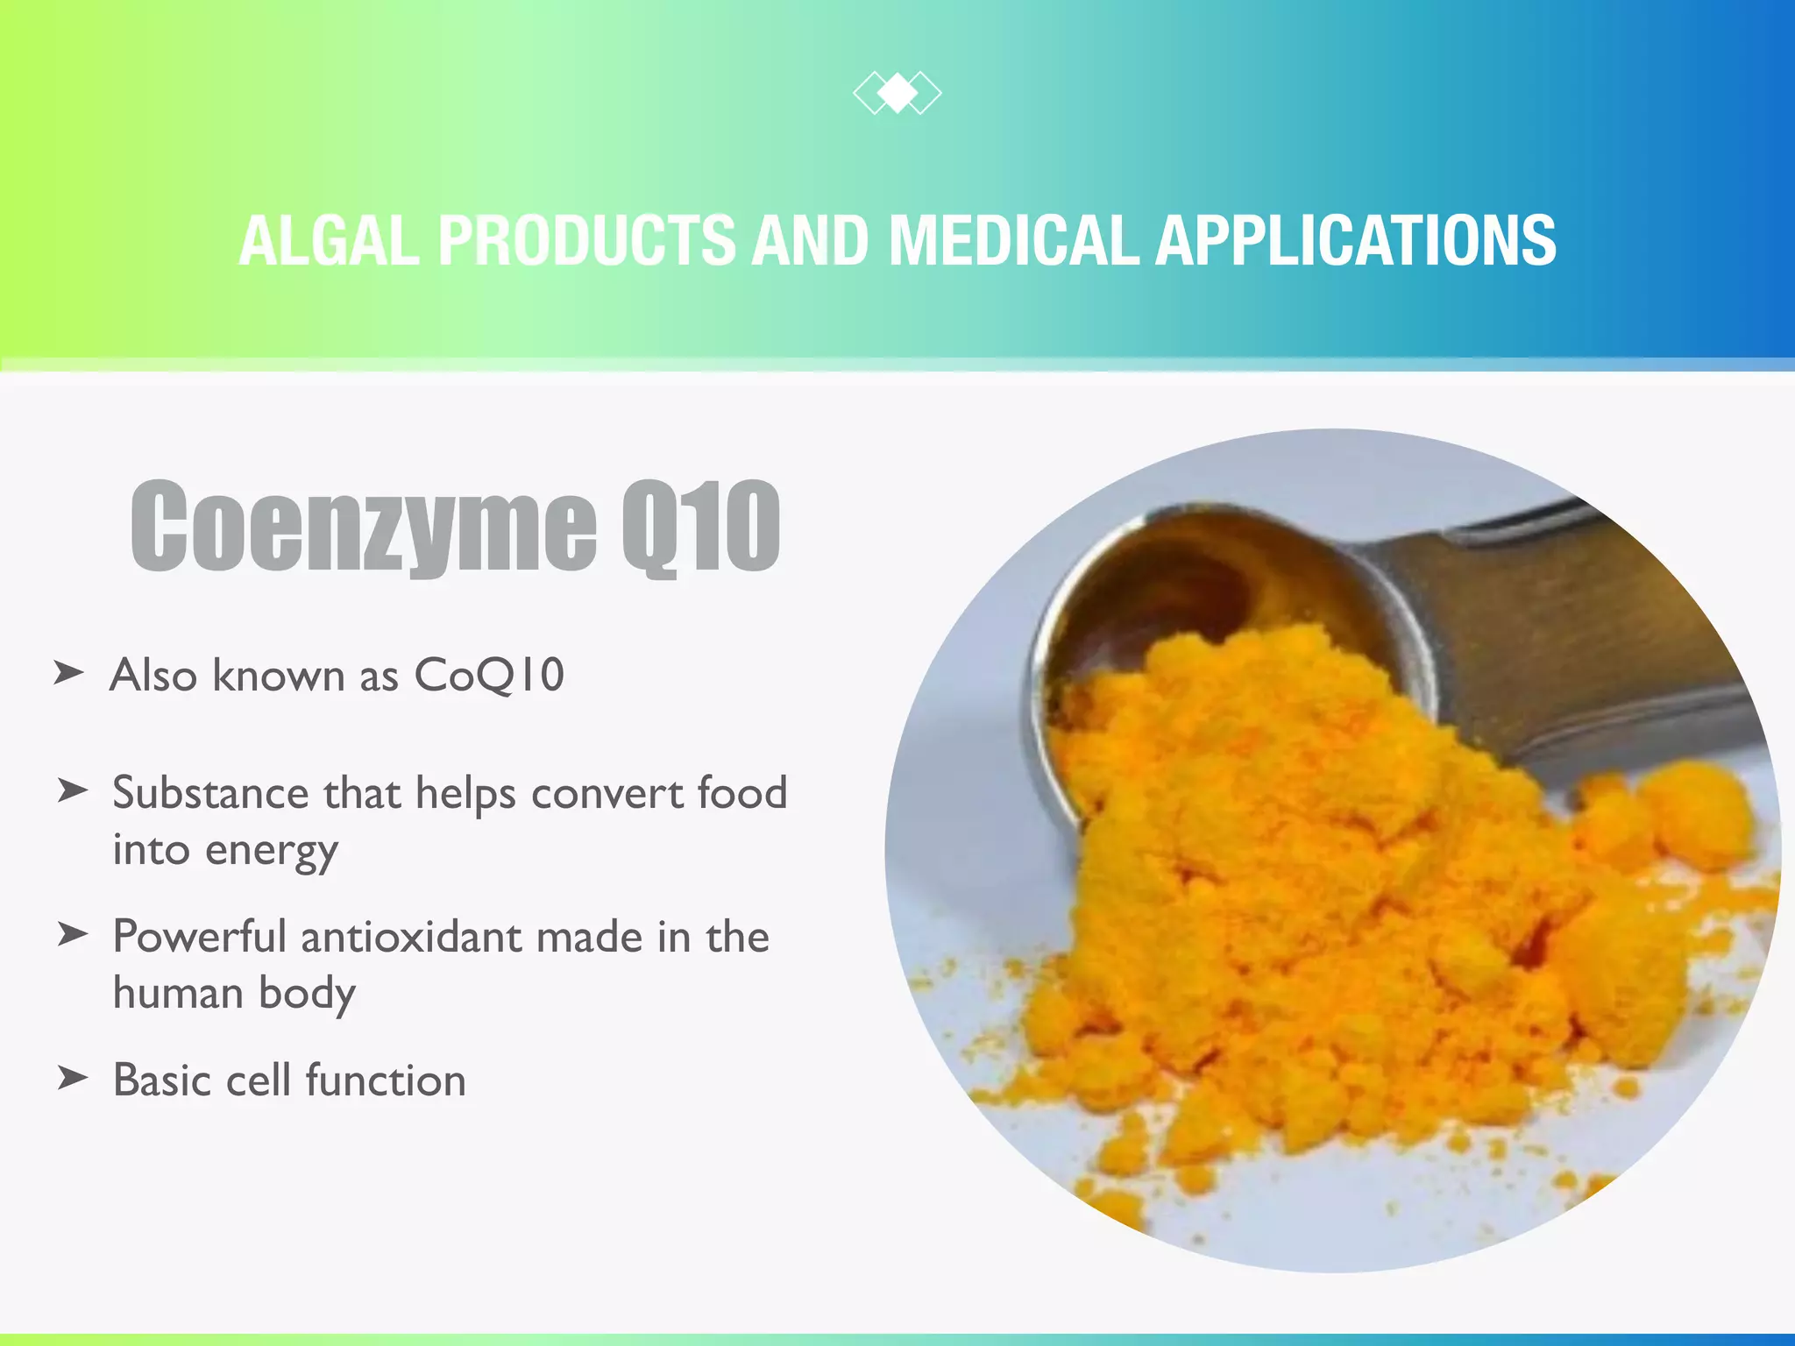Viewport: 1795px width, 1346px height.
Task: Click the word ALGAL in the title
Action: [x=330, y=240]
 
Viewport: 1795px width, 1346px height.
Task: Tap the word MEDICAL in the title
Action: [x=1013, y=240]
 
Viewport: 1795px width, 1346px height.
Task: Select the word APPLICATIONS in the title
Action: [x=1355, y=240]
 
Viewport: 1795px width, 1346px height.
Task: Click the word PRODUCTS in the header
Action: [x=586, y=240]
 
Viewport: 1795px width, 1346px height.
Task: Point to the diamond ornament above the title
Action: [x=897, y=92]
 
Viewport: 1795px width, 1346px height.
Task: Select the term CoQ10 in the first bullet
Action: [x=488, y=676]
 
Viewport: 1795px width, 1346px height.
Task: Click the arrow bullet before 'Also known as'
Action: [x=69, y=673]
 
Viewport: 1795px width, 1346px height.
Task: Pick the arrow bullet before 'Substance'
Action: [x=73, y=790]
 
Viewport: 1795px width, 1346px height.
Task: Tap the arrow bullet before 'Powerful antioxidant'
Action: [x=73, y=934]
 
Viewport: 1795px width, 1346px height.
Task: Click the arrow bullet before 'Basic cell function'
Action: [x=73, y=1077]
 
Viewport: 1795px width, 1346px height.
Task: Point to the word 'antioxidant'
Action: [x=411, y=936]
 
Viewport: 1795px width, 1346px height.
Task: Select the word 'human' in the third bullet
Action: [x=178, y=993]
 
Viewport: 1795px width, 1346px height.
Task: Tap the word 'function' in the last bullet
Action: [x=386, y=1080]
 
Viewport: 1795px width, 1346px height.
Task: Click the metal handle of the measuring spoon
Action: [x=1543, y=613]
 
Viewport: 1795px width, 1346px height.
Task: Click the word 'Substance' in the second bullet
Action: [x=209, y=792]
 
